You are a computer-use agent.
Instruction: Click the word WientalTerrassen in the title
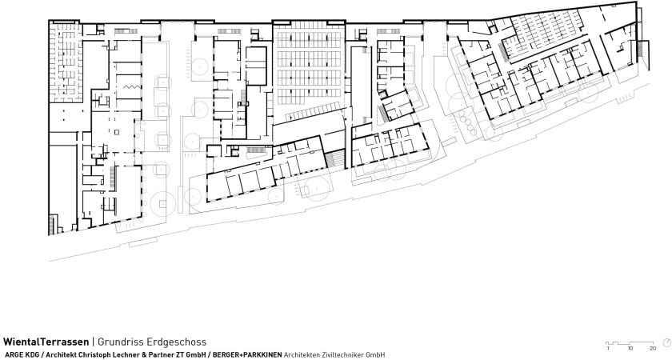[x=46, y=342]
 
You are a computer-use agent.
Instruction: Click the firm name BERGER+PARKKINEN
[x=247, y=355]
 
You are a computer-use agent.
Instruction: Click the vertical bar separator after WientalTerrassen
[x=93, y=342]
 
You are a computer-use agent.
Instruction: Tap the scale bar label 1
[x=608, y=349]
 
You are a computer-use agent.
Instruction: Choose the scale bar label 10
[x=630, y=349]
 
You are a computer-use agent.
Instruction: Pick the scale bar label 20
[x=652, y=349]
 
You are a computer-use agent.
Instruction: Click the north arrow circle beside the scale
[x=667, y=342]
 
